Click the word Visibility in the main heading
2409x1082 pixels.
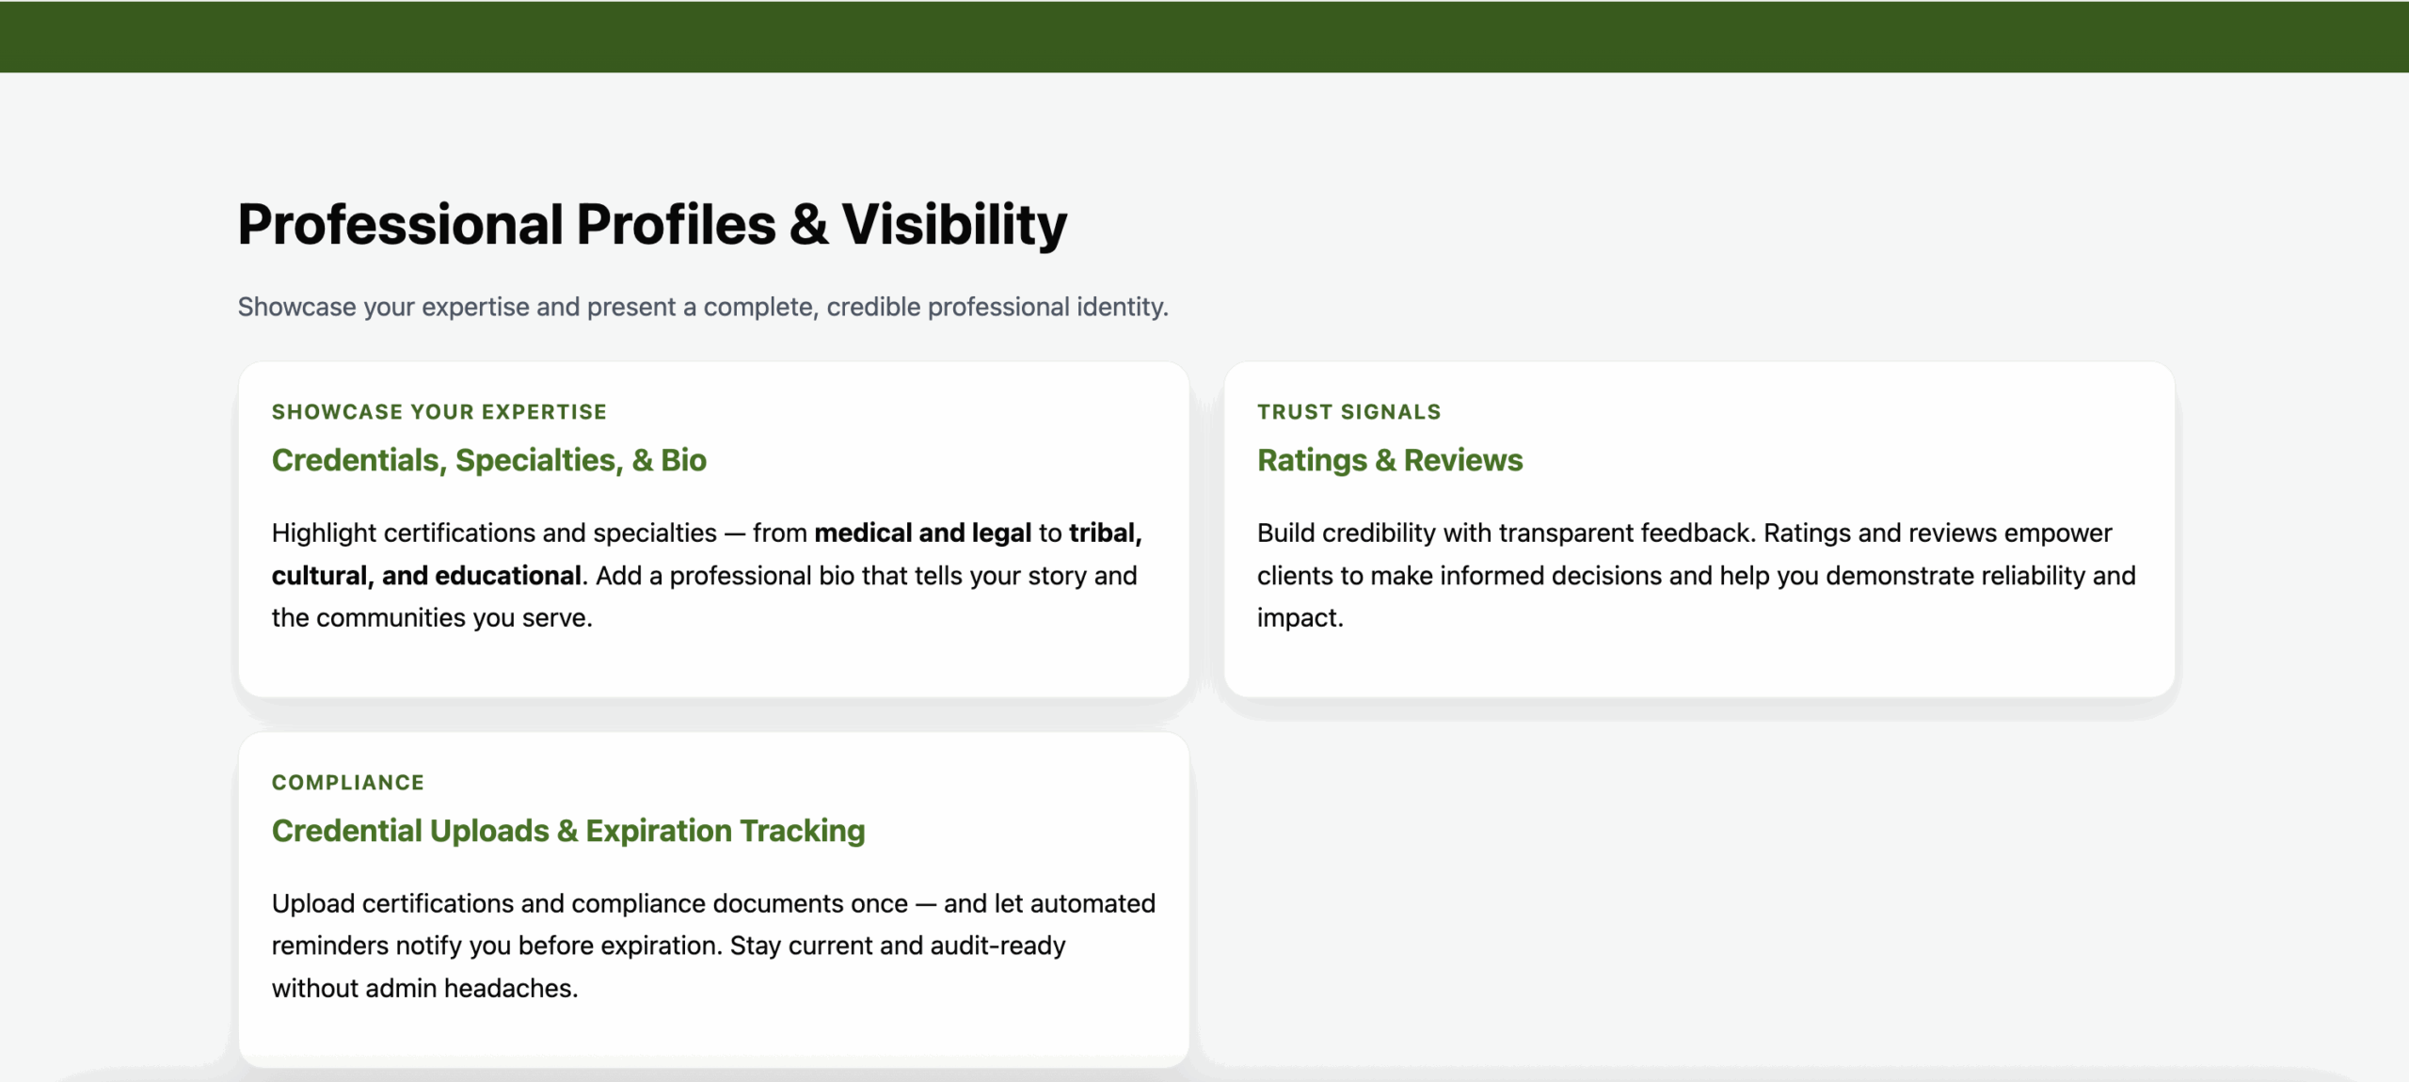click(x=953, y=225)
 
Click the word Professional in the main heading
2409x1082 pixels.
click(x=400, y=225)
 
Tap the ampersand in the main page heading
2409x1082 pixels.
click(x=808, y=225)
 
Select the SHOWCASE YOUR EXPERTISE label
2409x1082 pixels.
click(x=439, y=412)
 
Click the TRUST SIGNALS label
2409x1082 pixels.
click(x=1348, y=412)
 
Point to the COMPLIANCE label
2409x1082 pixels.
click(x=347, y=783)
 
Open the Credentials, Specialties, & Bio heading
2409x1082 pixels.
click(x=488, y=460)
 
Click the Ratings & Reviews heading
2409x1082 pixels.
click(x=1389, y=460)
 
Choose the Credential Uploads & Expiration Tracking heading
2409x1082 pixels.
click(x=567, y=831)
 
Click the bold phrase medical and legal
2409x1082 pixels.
click(x=922, y=533)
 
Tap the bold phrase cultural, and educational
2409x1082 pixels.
click(x=425, y=576)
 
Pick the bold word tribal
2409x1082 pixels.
click(x=1103, y=533)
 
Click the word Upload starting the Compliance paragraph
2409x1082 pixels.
click(x=312, y=904)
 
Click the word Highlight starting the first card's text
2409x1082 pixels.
click(x=324, y=533)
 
